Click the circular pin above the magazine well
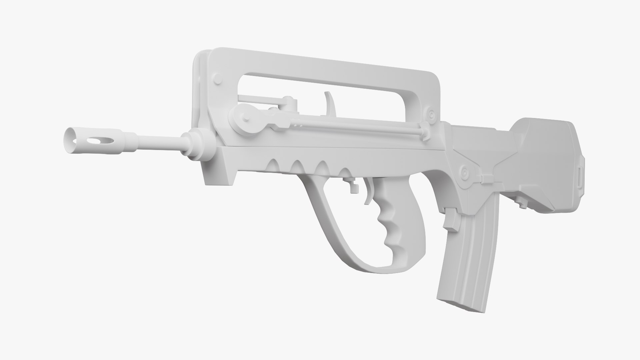463,172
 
